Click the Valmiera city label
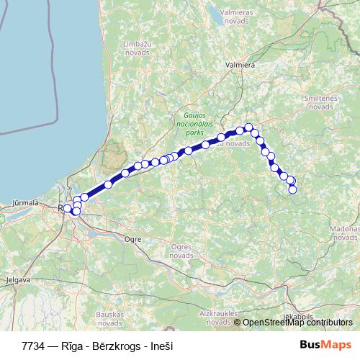pos(240,64)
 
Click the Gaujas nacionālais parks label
pos(190,123)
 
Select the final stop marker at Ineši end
pos(293,189)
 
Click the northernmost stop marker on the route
pos(249,127)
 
